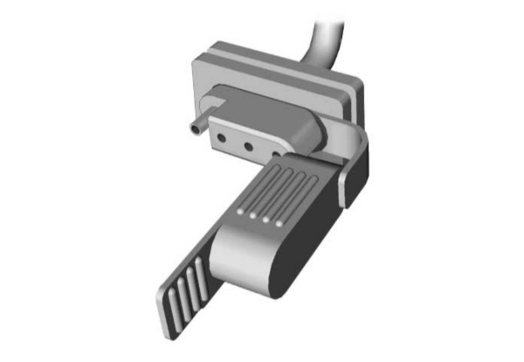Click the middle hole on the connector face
pos(250,145)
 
